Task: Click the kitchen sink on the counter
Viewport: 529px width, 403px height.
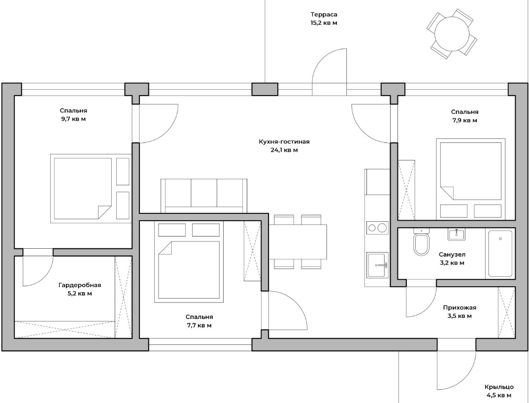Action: pos(377,265)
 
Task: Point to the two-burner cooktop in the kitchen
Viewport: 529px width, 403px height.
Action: pos(377,228)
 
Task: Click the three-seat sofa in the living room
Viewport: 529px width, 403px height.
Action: pos(204,196)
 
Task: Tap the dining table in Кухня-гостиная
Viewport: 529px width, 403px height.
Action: pos(298,241)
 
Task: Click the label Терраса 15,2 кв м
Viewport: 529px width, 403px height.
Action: pos(324,19)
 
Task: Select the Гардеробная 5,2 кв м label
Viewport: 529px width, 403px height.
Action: pos(80,289)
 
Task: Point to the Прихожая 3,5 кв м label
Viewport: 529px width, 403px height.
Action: pos(460,312)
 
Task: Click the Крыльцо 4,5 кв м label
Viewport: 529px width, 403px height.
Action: pos(499,391)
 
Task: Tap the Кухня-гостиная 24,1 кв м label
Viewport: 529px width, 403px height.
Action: pos(284,146)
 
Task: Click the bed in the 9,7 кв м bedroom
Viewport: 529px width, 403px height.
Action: pos(91,188)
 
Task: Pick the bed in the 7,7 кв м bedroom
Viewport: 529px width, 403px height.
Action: pos(189,262)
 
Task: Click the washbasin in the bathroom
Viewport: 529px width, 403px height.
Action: pos(457,234)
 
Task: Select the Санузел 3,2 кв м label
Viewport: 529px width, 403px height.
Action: pos(452,259)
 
